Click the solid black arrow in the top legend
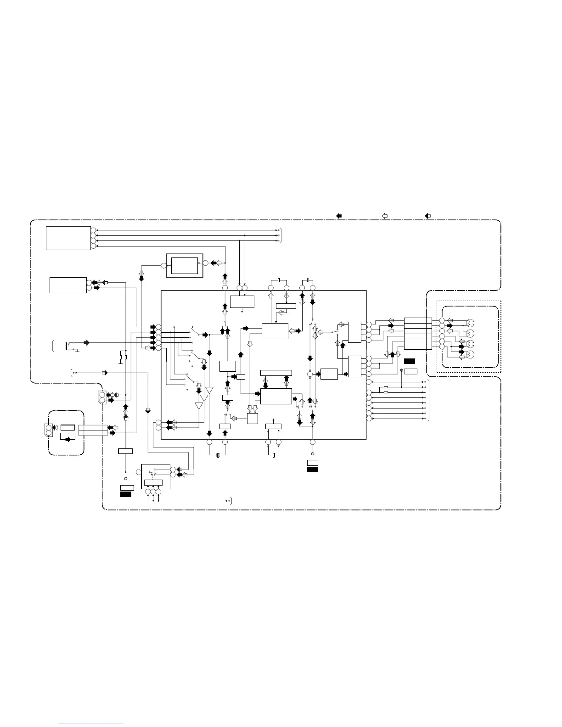click(339, 215)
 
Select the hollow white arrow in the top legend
click(385, 215)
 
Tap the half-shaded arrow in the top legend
click(428, 215)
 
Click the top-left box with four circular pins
click(68, 238)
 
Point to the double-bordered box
click(184, 265)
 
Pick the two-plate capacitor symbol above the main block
click(308, 280)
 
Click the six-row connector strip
click(418, 334)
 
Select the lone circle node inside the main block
click(310, 375)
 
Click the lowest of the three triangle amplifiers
click(199, 406)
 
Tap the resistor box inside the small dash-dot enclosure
click(67, 428)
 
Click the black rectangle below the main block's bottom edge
click(313, 469)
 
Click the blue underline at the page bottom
click(91, 723)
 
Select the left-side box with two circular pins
click(68, 285)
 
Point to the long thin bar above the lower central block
click(276, 372)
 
